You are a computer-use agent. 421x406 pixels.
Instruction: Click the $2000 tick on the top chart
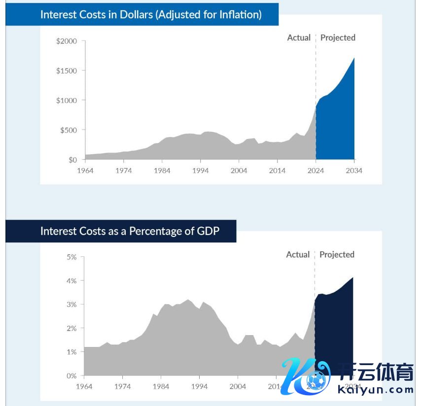coord(67,41)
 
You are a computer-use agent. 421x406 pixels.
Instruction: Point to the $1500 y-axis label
coord(67,70)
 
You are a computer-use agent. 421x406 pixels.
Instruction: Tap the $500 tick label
coord(69,130)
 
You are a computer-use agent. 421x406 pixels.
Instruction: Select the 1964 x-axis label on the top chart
coord(85,170)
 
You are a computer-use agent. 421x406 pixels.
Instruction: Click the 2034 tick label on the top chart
coord(354,170)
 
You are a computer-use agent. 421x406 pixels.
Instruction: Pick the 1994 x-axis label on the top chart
coord(200,170)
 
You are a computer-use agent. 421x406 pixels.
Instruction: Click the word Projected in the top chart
coord(338,37)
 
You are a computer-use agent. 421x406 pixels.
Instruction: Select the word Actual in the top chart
coord(299,37)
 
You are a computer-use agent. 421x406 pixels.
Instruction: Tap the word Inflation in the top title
coord(239,14)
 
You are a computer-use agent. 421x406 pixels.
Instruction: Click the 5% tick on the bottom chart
coord(71,257)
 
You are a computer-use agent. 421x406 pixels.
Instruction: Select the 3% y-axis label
coord(71,304)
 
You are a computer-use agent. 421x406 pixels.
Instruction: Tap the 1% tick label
coord(71,352)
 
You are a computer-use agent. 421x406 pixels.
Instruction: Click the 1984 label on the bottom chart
coord(161,387)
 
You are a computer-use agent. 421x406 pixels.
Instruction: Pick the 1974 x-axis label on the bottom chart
coord(122,387)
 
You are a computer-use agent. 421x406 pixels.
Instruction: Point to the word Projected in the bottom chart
coord(337,254)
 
